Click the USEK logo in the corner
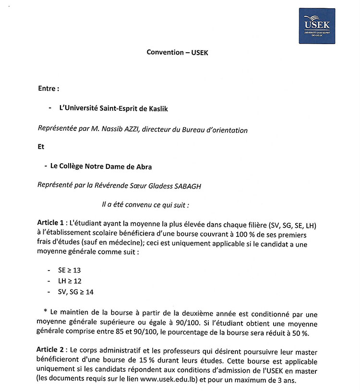tap(317, 25)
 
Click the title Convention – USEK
tap(178, 52)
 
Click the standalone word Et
tap(41, 147)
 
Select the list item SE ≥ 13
tap(69, 271)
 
